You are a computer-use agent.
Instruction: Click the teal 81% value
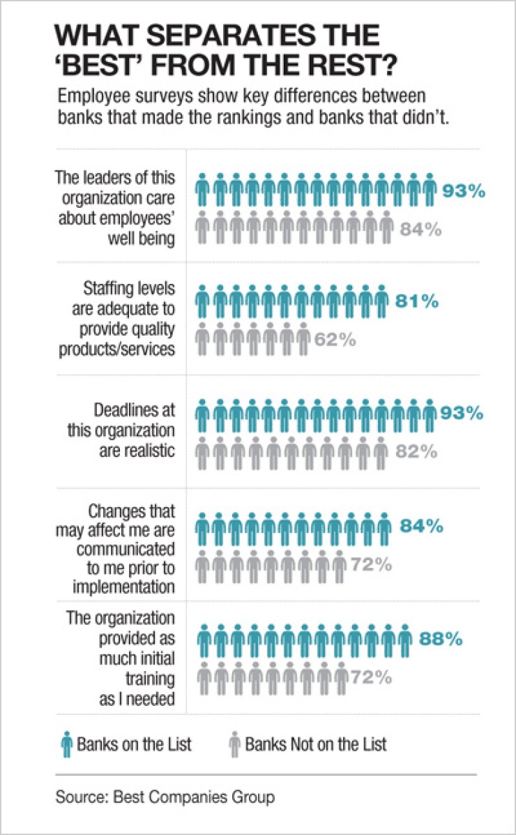pyautogui.click(x=418, y=302)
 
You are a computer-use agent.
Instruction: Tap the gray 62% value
pyautogui.click(x=337, y=340)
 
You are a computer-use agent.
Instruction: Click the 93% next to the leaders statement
pyautogui.click(x=463, y=190)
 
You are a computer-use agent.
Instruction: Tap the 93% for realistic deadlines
pyautogui.click(x=462, y=412)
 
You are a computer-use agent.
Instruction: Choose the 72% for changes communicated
pyautogui.click(x=371, y=564)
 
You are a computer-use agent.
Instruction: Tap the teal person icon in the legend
pyautogui.click(x=66, y=744)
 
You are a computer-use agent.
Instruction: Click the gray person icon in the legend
pyautogui.click(x=234, y=744)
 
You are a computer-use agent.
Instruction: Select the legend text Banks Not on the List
pyautogui.click(x=315, y=744)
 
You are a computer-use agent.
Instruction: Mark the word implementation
pyautogui.click(x=116, y=587)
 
